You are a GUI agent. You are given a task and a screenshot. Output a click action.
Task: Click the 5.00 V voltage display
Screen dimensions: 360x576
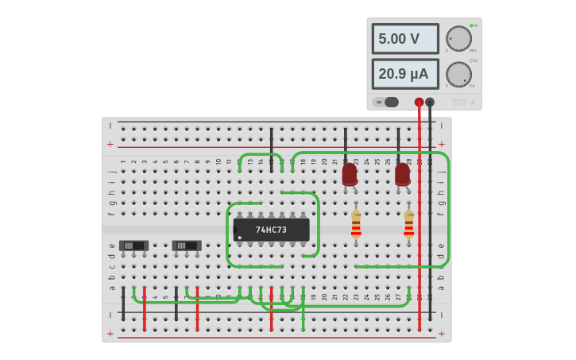coord(405,39)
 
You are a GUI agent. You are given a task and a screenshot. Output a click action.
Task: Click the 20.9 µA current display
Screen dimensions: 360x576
coord(405,74)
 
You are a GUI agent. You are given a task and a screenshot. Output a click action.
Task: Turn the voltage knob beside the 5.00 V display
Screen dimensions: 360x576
coord(458,38)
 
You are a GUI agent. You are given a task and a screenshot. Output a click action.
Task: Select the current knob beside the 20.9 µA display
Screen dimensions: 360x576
coord(458,74)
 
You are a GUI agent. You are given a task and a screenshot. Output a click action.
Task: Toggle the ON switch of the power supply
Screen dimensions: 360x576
coord(387,102)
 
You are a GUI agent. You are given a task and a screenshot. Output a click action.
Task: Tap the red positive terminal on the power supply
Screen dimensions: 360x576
coord(419,102)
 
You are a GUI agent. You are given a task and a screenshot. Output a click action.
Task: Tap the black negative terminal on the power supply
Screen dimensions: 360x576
coord(430,102)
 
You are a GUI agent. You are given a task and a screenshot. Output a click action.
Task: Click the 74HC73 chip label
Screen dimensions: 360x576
coord(271,230)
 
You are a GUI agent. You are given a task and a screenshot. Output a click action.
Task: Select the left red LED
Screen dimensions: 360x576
coord(350,174)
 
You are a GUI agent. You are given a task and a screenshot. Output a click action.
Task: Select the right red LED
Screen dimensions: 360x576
coord(403,174)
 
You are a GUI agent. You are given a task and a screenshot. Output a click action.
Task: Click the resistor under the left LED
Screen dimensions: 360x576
coord(356,224)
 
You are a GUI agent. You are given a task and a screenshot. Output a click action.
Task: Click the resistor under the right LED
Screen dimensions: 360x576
coord(409,224)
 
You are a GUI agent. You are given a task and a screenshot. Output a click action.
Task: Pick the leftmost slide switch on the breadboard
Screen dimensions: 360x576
coord(133,246)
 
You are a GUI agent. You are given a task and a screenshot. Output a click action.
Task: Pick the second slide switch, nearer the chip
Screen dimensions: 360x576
coord(187,246)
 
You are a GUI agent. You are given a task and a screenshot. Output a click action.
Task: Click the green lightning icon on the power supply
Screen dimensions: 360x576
coord(473,102)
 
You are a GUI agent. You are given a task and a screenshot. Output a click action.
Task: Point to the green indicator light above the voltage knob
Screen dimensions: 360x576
coord(471,25)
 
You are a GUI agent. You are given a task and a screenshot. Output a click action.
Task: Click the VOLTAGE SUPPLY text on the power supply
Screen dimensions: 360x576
coord(459,102)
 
